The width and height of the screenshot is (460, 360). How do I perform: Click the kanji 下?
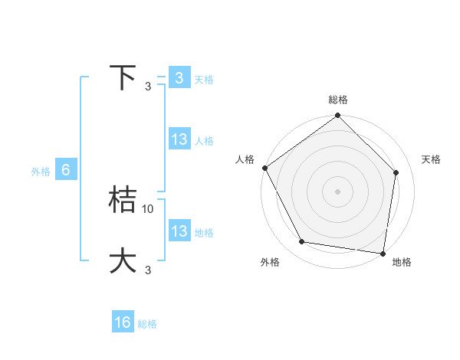pos(123,78)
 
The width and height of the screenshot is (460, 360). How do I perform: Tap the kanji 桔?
pos(123,200)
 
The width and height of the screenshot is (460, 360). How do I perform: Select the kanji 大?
pos(123,260)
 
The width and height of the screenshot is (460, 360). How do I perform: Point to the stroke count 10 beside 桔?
pos(148,208)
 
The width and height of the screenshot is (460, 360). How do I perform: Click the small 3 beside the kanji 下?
pos(148,87)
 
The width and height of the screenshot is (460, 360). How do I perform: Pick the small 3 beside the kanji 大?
pos(148,270)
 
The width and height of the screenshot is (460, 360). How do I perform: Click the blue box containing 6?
pos(66,170)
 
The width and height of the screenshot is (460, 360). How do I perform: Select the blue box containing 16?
pos(123,322)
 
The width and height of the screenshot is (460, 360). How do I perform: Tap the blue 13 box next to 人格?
pos(179,139)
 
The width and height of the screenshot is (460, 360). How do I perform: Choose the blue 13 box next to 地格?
pos(179,231)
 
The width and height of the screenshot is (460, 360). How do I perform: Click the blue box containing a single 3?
pos(179,78)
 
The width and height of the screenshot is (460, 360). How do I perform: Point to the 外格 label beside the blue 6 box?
pos(41,172)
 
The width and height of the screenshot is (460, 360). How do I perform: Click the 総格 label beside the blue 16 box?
pos(147,324)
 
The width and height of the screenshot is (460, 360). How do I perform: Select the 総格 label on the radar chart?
pos(338,100)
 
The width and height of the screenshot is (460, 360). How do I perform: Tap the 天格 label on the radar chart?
pos(432,159)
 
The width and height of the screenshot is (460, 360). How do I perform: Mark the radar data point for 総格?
pos(338,116)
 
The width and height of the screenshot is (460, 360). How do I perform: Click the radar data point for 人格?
pos(264,168)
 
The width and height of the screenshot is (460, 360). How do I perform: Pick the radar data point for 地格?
pos(383,253)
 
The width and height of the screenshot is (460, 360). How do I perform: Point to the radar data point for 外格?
pos(302,242)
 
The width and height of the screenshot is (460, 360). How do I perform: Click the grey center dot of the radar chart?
pos(338,191)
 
